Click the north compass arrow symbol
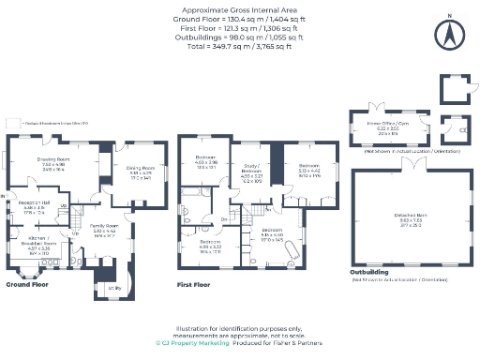tap(450, 35)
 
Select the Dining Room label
tap(142, 172)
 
